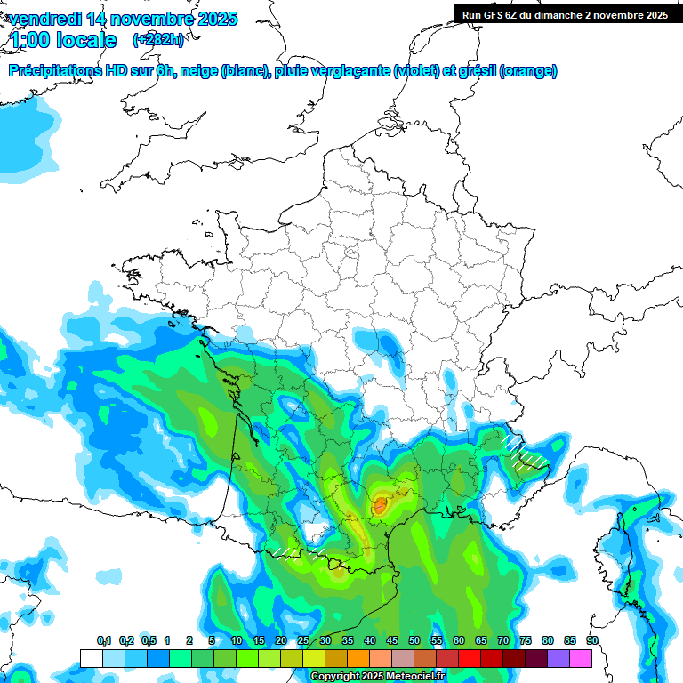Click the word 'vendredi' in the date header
[39, 19]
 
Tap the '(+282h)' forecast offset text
[157, 40]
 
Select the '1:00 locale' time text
[63, 40]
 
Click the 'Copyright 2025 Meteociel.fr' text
[377, 677]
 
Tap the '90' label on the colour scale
[591, 640]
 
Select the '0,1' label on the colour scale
[103, 640]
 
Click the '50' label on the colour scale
[414, 640]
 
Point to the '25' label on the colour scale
[303, 640]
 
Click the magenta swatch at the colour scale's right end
[581, 658]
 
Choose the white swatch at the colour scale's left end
[92, 658]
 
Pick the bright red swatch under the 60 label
[470, 658]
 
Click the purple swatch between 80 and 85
[558, 658]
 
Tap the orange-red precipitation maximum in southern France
[380, 505]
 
